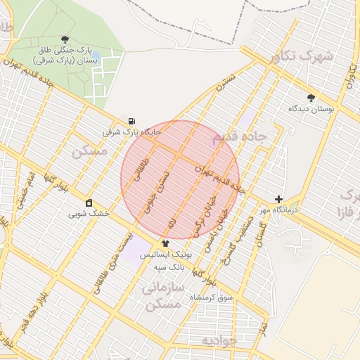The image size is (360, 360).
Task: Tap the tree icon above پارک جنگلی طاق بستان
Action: [x=65, y=39]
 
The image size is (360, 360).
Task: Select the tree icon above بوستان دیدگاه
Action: [x=311, y=98]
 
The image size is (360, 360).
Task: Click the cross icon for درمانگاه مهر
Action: [x=279, y=200]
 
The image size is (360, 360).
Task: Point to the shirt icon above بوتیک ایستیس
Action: [x=165, y=243]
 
